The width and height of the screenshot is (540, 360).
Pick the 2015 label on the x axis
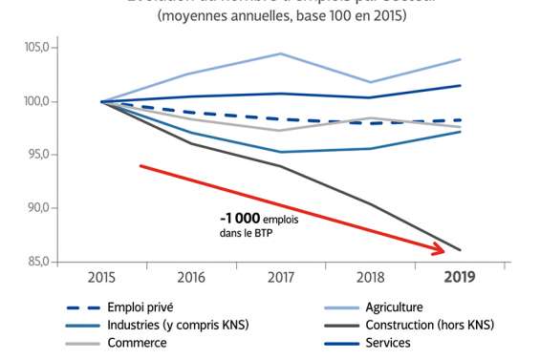101,277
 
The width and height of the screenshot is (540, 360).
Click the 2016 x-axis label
191,277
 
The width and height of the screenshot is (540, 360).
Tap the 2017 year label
280,277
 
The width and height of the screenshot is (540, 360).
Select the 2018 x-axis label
370,277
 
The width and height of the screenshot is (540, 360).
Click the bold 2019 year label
459,277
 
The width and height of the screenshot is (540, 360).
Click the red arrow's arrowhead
440,249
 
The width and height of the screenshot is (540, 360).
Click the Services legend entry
387,343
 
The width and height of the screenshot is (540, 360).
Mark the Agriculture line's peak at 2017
280,53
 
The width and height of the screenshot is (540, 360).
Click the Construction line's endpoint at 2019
460,250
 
